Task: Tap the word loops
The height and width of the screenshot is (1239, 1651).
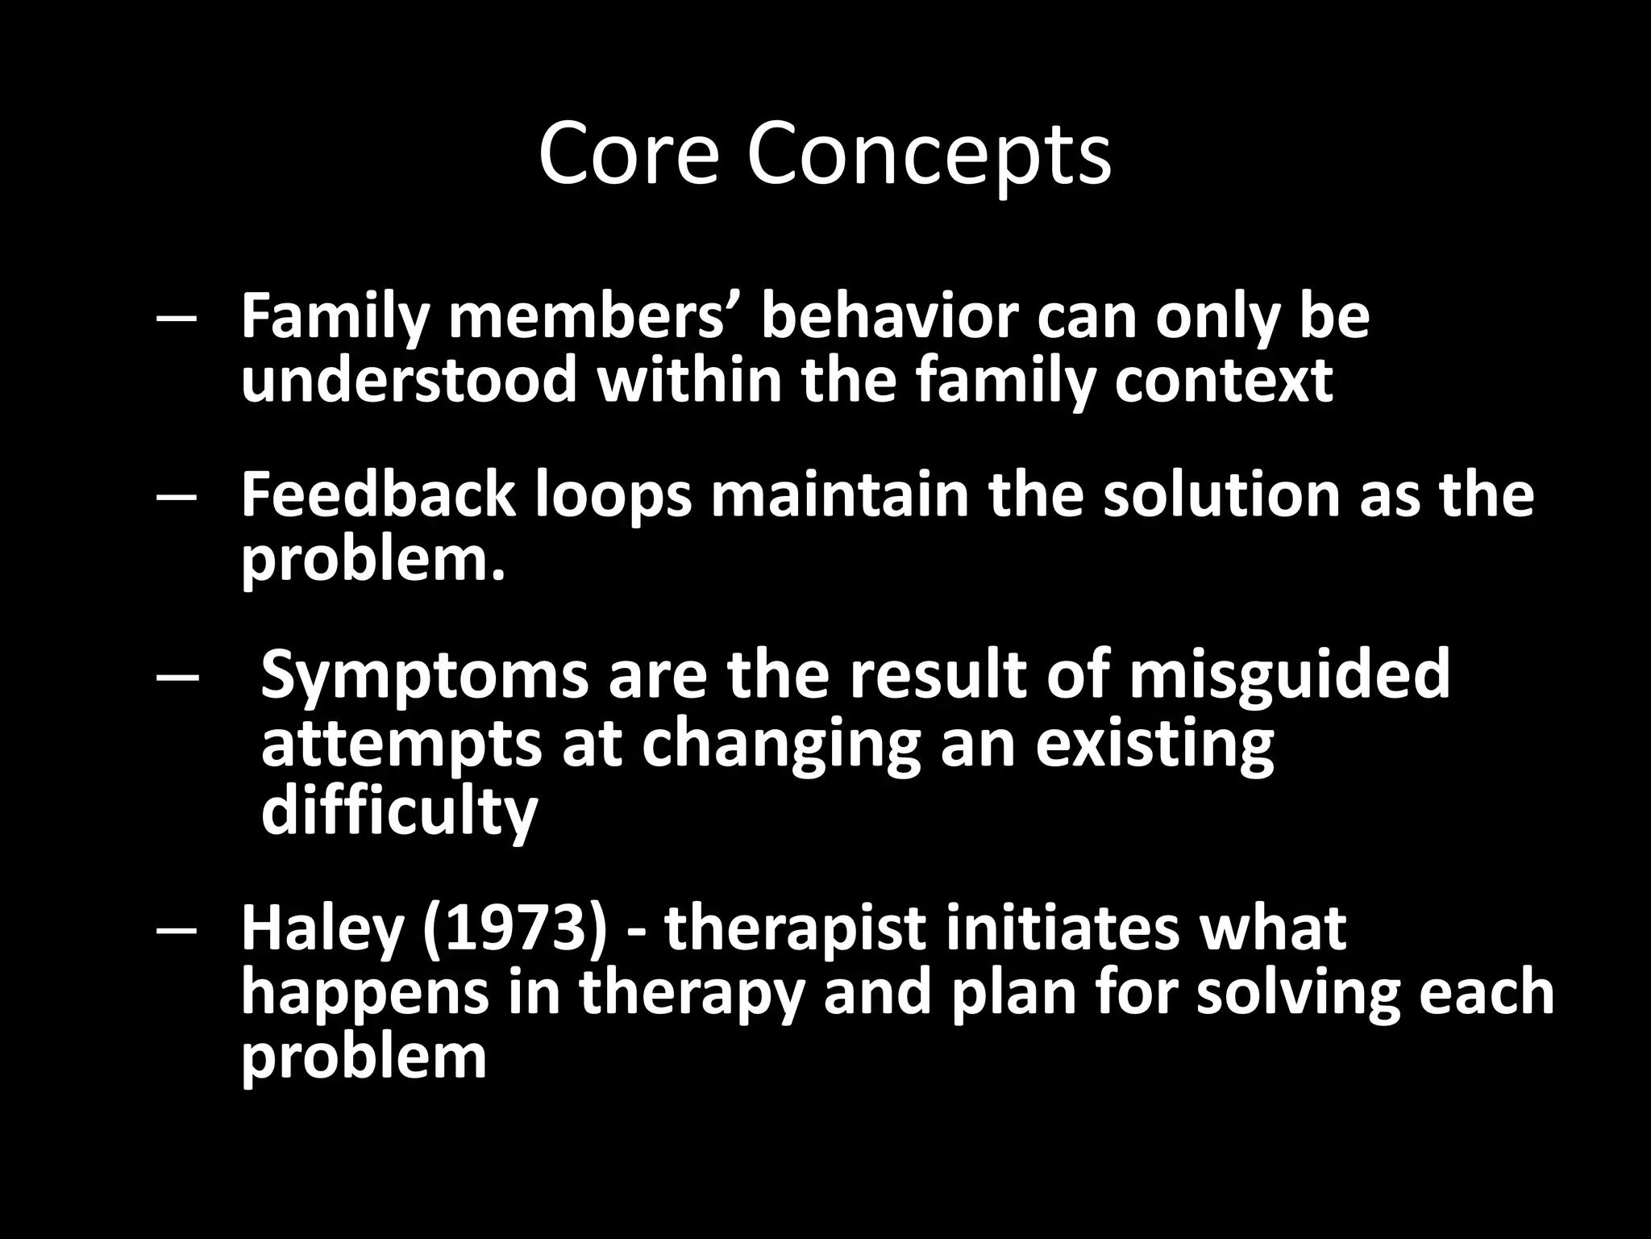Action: [x=613, y=497]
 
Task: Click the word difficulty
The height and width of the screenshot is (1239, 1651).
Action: [x=399, y=811]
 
